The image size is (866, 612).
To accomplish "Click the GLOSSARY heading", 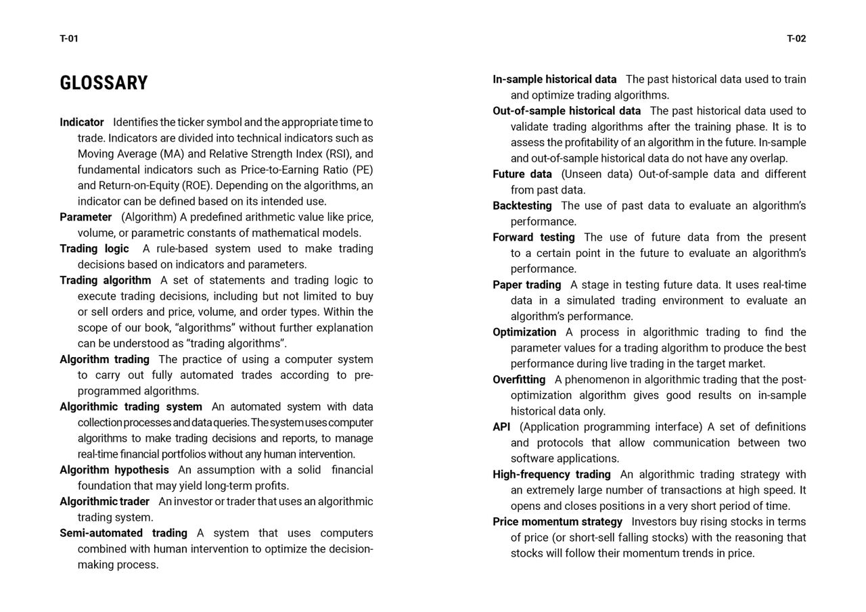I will click(104, 83).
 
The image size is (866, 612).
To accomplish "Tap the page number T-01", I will click(69, 39).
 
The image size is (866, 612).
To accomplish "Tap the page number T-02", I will click(796, 39).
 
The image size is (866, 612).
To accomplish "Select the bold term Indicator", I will click(82, 122).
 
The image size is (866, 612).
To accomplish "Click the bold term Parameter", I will click(86, 217).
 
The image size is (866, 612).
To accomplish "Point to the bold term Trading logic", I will click(94, 249).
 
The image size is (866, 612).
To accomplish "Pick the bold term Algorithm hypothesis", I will click(114, 470).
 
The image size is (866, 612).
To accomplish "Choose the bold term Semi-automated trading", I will click(123, 533).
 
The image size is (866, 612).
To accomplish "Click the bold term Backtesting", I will click(522, 206).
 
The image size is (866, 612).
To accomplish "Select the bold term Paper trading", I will click(527, 285).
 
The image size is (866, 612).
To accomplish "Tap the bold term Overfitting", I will click(519, 379).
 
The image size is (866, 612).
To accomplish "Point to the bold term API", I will click(501, 427).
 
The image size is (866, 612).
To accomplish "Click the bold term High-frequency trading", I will click(551, 475).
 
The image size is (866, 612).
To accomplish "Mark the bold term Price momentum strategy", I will click(557, 522).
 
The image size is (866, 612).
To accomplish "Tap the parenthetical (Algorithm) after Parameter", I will click(149, 217).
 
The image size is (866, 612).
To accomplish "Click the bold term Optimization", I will click(524, 332).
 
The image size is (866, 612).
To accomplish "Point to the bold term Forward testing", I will click(534, 237).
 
